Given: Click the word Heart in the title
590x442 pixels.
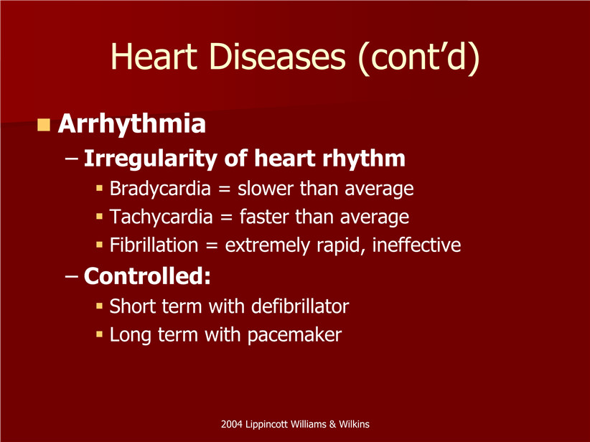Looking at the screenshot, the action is pos(154,57).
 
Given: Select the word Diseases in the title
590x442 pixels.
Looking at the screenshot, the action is pos(277,57).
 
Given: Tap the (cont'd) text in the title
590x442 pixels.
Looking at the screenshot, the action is pos(418,57).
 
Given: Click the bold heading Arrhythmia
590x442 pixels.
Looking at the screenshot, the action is pos(131,123).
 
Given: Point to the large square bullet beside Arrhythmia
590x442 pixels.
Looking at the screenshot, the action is pos(44,125).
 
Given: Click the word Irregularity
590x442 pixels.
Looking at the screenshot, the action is pos(150,159).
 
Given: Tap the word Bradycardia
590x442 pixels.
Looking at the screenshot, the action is pos(160,189).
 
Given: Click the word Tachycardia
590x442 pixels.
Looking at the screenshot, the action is pos(161,217).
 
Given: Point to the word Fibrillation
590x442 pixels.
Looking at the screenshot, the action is pos(154,245).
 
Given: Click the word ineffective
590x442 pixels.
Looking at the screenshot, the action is pos(416,245).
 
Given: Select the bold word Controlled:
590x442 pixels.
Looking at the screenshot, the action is pos(147,276).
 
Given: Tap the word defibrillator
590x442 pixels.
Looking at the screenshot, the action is pos(300,306).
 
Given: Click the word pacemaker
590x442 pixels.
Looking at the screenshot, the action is pos(294,335).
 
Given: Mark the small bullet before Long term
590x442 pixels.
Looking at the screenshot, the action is pos(99,334).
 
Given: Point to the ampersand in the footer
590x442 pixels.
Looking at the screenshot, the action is pos(332,424).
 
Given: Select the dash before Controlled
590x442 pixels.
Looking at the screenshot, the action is pos(72,276).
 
